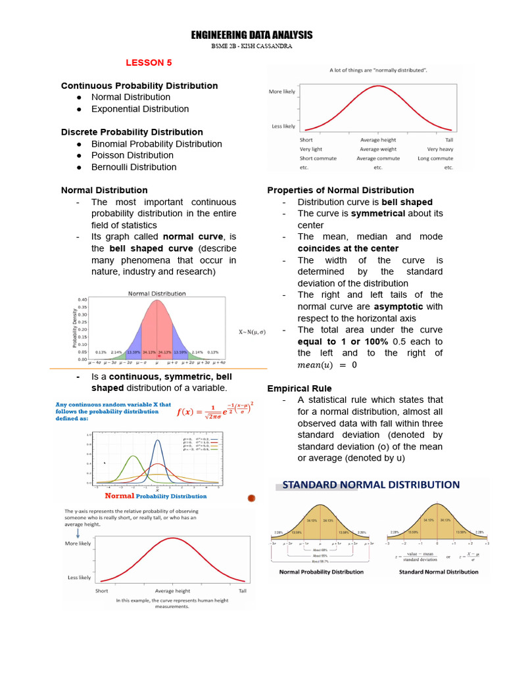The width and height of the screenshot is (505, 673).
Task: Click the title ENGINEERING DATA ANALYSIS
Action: click(252, 35)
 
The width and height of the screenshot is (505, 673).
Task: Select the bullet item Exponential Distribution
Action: click(139, 109)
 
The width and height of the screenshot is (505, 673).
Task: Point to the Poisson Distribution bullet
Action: click(132, 155)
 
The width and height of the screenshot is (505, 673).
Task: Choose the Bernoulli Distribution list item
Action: click(133, 167)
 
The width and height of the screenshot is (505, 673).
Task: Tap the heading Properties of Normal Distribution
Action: click(340, 190)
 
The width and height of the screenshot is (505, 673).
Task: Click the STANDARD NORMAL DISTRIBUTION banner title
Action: click(371, 485)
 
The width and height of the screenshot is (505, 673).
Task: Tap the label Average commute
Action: click(378, 158)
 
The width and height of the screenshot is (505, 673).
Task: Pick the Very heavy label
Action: click(440, 149)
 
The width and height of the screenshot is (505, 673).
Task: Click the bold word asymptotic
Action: click(398, 307)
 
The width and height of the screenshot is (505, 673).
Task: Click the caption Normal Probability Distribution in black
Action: click(321, 572)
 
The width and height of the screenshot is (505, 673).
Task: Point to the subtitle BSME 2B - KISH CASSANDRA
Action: click(252, 47)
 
